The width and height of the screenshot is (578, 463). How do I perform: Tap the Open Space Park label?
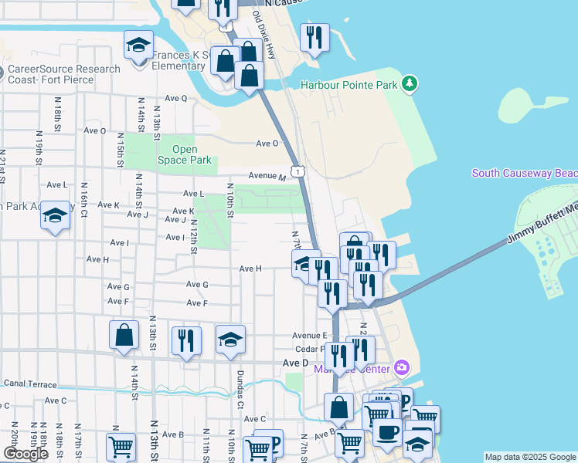coord(184,155)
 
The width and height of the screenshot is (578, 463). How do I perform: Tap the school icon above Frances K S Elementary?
coord(138,45)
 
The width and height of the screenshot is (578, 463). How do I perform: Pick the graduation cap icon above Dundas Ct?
coord(230,339)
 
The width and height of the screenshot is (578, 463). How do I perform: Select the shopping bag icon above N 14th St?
coord(124,335)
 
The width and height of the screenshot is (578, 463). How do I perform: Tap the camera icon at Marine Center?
coord(401,367)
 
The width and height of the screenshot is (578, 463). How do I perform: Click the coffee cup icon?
coord(387,431)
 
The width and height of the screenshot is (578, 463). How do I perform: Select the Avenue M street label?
coord(257,176)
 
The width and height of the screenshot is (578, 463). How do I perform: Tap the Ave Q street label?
coord(176,98)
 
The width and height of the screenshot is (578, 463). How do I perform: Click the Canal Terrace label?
coord(30,383)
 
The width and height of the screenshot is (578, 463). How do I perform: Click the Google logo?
coord(25,453)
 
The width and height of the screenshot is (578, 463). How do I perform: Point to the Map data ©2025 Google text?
coord(529,457)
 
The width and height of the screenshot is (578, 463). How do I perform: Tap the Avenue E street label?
coord(310,335)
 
